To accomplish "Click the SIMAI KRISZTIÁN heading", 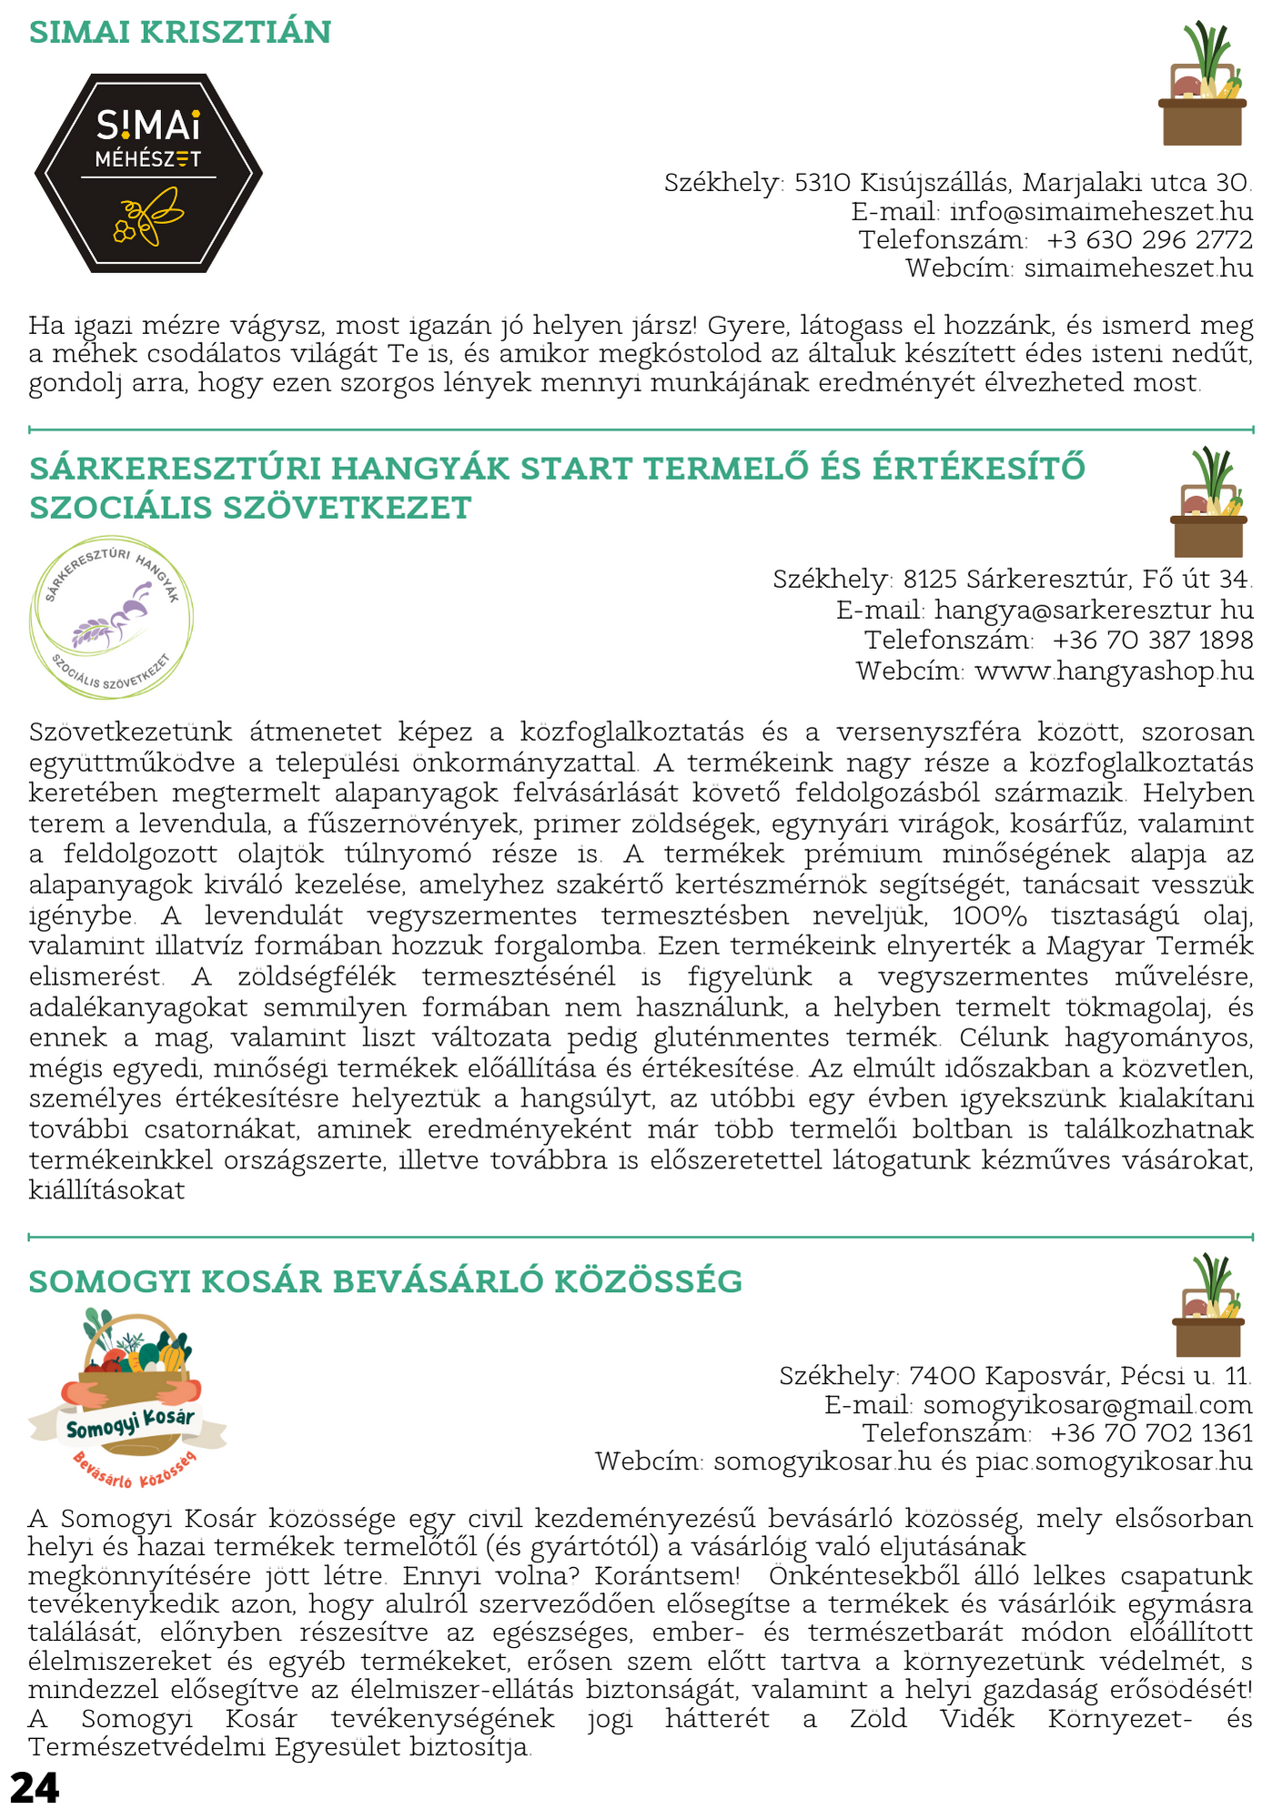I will (180, 33).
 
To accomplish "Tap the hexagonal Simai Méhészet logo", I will (148, 173).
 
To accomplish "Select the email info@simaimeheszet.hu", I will (1101, 212).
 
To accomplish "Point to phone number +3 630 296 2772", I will (1149, 240).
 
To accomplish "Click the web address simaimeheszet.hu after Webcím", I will (1138, 268).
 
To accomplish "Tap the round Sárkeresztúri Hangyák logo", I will (111, 617).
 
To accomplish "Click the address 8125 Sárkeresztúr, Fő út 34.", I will (1077, 579).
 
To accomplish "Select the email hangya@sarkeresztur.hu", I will (1094, 610).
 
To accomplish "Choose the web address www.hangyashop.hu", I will (1114, 672).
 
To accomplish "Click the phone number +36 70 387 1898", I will (1153, 641).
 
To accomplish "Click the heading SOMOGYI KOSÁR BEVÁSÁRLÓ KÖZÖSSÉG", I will (386, 1281).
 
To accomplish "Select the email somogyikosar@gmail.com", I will (1087, 1405).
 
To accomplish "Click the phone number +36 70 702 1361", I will (1151, 1433).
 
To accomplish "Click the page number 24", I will (35, 1787).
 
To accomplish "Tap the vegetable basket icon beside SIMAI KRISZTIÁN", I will (1202, 86).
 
